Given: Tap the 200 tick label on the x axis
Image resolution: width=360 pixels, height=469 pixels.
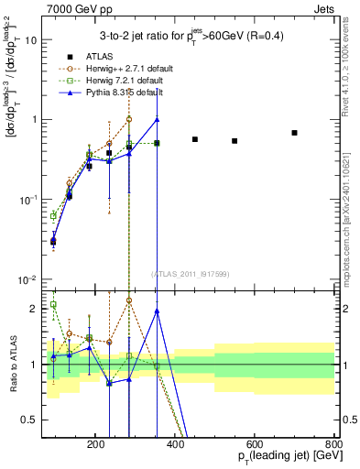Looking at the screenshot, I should point(96,445).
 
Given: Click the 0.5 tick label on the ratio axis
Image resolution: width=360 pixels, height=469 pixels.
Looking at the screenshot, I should point(36,420).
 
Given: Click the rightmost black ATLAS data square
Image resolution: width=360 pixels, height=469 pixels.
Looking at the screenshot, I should point(294,133).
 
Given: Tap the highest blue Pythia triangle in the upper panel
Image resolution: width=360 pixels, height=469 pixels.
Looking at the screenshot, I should point(158,119).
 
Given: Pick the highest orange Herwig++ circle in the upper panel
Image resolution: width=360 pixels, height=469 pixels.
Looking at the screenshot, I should point(129,119).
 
